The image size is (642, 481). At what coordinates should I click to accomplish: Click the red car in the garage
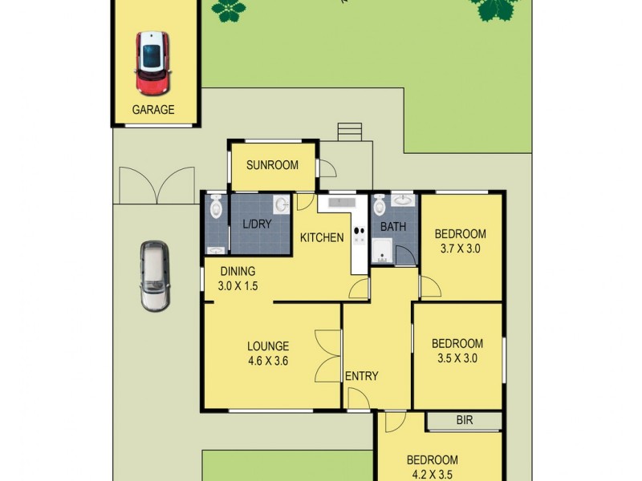[x=152, y=63]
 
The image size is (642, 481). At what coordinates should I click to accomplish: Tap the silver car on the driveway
[x=154, y=275]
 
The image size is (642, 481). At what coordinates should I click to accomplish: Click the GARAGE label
[x=152, y=110]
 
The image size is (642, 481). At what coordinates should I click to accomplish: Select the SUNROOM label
[x=272, y=165]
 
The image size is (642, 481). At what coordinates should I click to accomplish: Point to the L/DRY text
[x=257, y=225]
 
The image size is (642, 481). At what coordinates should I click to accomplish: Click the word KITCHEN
[x=322, y=237]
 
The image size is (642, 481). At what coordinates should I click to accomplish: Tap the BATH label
[x=393, y=227]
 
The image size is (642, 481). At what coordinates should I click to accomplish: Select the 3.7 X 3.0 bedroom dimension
[x=461, y=249]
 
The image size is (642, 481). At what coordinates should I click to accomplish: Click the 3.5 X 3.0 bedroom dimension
[x=457, y=358]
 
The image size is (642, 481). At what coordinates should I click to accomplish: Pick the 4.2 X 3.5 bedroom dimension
[x=432, y=474]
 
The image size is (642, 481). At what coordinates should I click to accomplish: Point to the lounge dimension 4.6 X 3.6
[x=267, y=361]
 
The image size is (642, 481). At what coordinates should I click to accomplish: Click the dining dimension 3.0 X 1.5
[x=238, y=285]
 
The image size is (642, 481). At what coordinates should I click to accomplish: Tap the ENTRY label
[x=361, y=376]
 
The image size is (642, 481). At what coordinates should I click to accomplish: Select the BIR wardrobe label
[x=464, y=419]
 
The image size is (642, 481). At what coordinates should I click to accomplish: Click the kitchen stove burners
[x=359, y=228]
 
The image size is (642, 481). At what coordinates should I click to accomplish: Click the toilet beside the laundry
[x=215, y=208]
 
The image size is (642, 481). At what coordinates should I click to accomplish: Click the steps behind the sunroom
[x=350, y=131]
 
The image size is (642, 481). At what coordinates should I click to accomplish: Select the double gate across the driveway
[x=156, y=184]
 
